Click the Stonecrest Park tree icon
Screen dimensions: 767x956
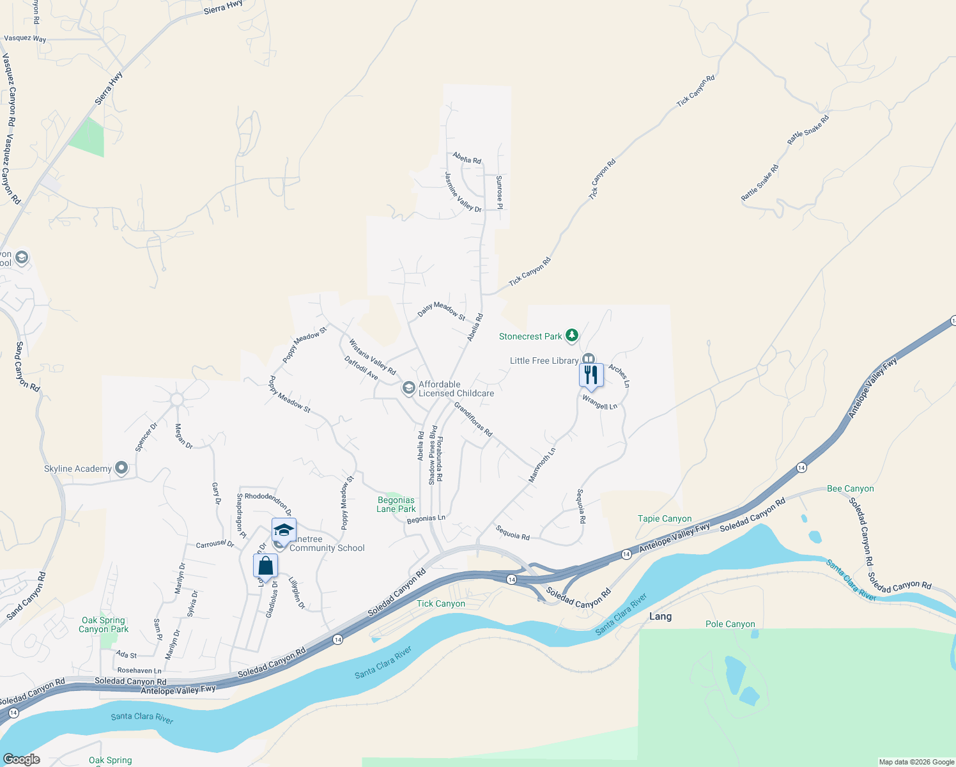[x=572, y=336]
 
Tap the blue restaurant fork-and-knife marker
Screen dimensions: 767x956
[x=591, y=375]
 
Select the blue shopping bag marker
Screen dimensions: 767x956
[x=265, y=566]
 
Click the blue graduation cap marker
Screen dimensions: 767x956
[x=284, y=531]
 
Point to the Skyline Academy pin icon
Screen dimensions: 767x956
[x=121, y=469]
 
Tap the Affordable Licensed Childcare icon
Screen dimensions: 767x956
[x=408, y=388]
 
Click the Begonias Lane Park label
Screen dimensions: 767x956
[x=396, y=504]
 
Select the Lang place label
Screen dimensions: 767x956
[x=660, y=616]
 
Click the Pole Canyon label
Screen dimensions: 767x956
[x=730, y=624]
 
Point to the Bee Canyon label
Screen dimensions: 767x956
[x=850, y=488]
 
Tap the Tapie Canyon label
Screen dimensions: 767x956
[x=665, y=518]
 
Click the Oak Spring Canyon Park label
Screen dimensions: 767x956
[x=104, y=624]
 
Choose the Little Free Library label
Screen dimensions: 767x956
[x=544, y=360]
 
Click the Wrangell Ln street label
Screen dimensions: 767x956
[x=599, y=403]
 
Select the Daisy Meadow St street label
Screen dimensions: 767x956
[x=442, y=310]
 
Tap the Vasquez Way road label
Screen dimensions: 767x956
[x=25, y=38]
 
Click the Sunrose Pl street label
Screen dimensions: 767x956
[x=500, y=192]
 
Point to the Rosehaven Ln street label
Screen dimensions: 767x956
[x=139, y=670]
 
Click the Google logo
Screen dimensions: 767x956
[x=21, y=759]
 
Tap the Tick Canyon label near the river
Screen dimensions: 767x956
[x=441, y=603]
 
